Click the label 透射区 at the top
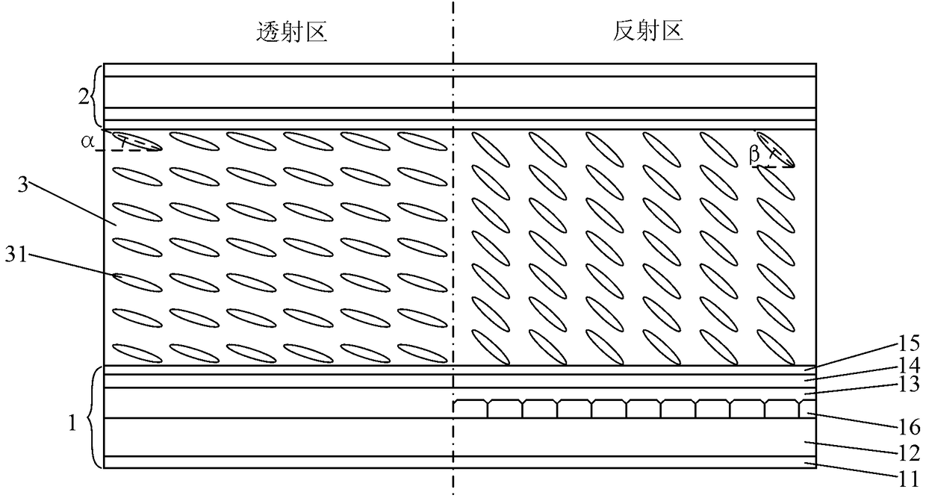click(x=292, y=32)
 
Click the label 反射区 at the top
click(x=647, y=31)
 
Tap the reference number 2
click(x=84, y=98)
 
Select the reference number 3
click(x=22, y=184)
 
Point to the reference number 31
click(x=16, y=255)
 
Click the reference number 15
click(x=908, y=343)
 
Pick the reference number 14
click(x=908, y=365)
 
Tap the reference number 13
click(x=908, y=385)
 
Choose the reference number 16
click(x=908, y=427)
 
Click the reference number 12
click(x=908, y=454)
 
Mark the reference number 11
click(x=908, y=480)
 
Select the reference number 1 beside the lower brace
click(x=72, y=423)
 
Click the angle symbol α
click(x=87, y=142)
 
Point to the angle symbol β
click(x=754, y=155)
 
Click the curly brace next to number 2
click(x=98, y=96)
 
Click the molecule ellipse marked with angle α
click(x=137, y=141)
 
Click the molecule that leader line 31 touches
click(x=137, y=283)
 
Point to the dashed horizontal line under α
click(x=128, y=150)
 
